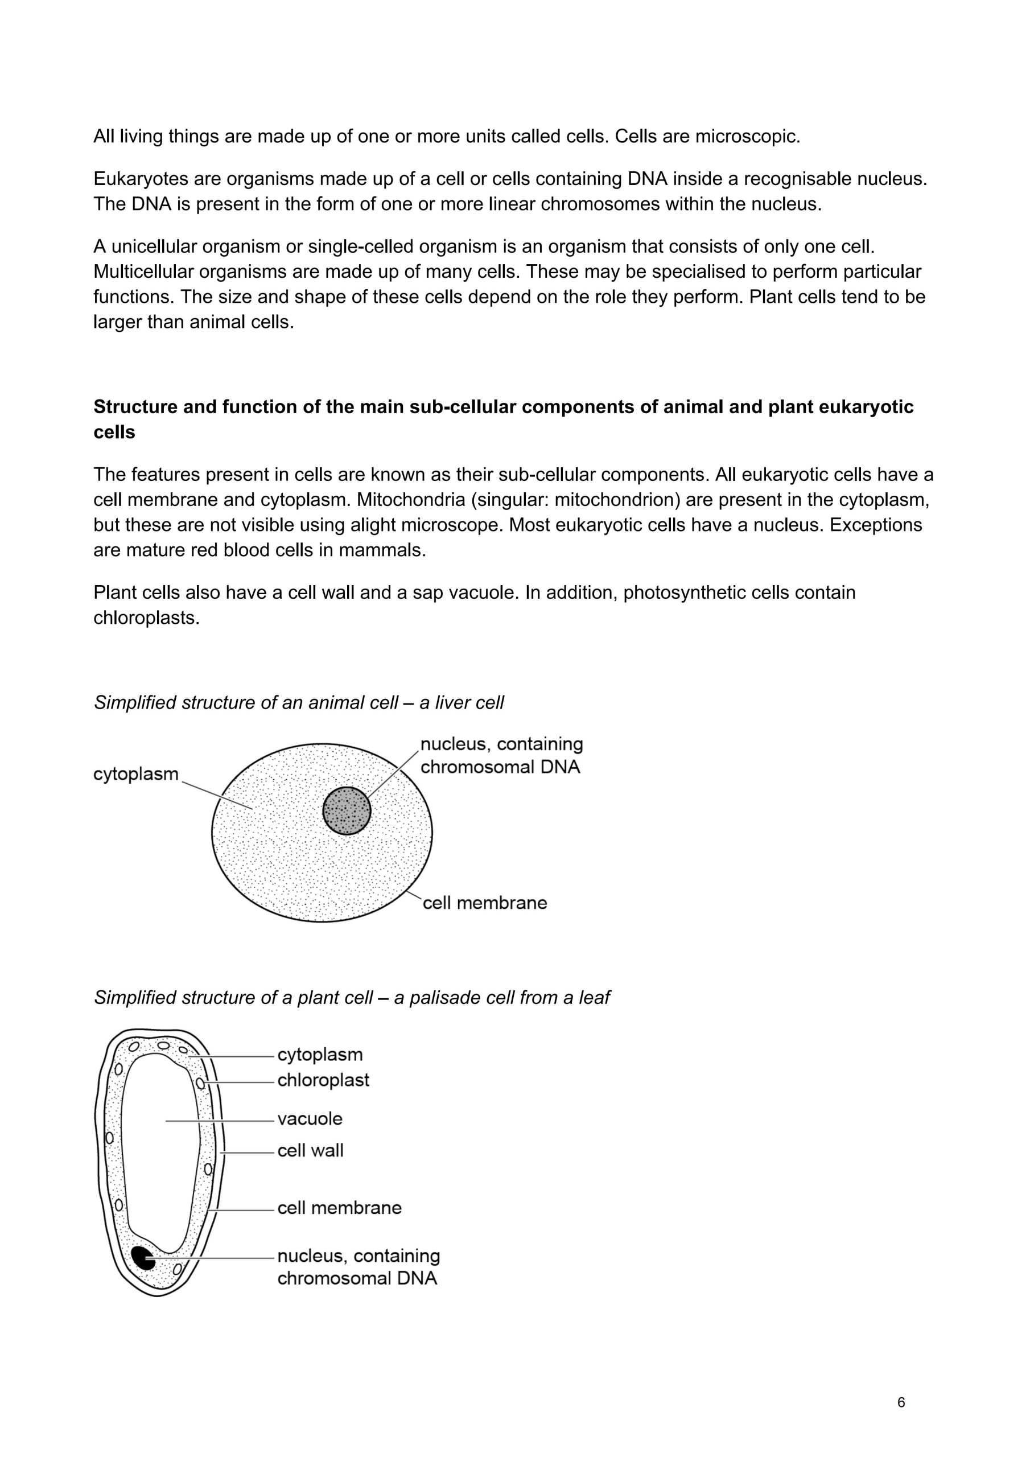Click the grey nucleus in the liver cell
[347, 810]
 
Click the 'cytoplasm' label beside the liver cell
[136, 774]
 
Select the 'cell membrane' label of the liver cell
[485, 903]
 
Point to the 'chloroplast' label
[323, 1080]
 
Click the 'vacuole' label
[310, 1118]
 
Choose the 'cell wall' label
[310, 1150]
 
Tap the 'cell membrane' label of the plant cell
[340, 1207]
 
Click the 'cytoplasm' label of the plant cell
[320, 1054]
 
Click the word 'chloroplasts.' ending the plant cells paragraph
[147, 618]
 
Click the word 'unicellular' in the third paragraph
[147, 246]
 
